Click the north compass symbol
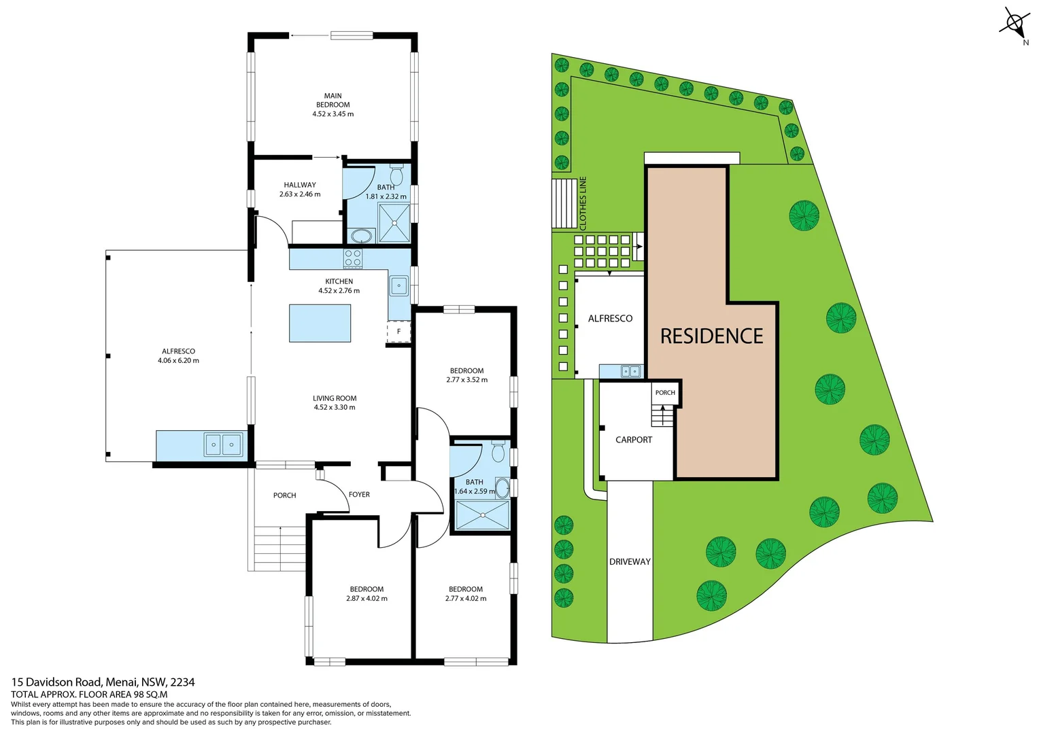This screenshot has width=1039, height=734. (1014, 25)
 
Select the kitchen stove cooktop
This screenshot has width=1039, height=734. (353, 258)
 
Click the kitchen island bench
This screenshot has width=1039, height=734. (320, 323)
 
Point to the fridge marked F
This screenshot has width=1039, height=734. (398, 332)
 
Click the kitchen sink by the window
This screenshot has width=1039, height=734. (398, 285)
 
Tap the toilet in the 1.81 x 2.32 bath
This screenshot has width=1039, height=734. (396, 175)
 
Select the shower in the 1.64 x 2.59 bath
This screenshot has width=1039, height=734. (482, 514)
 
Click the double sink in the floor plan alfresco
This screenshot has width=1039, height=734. (223, 444)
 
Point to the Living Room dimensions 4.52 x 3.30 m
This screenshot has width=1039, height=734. (334, 408)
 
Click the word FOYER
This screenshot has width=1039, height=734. (359, 495)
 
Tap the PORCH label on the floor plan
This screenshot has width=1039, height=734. (284, 495)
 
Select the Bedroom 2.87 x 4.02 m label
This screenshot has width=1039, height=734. (367, 594)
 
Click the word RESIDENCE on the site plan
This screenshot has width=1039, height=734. (711, 336)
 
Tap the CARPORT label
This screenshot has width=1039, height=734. (633, 440)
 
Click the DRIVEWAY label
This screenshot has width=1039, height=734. (630, 561)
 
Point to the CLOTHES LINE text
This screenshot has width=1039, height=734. (583, 203)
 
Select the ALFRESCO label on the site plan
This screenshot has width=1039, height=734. (610, 318)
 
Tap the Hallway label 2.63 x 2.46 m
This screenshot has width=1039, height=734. (299, 189)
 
